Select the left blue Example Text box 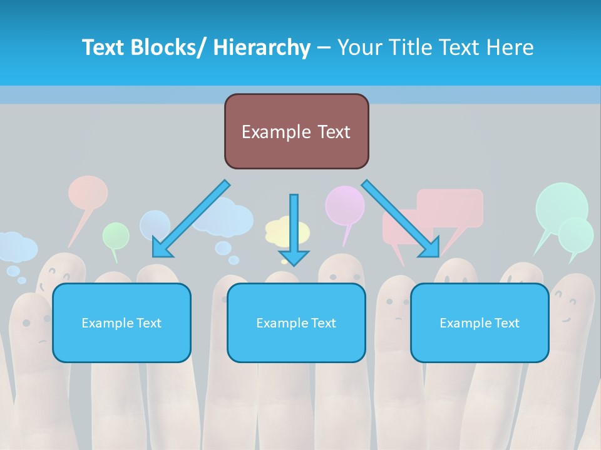tap(121, 323)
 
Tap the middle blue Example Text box tap(296, 323)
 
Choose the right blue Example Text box tap(480, 323)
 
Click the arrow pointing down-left tap(191, 219)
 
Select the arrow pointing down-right tap(401, 219)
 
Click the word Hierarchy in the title tap(262, 47)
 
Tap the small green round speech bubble tap(116, 236)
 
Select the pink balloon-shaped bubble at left tap(88, 192)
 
